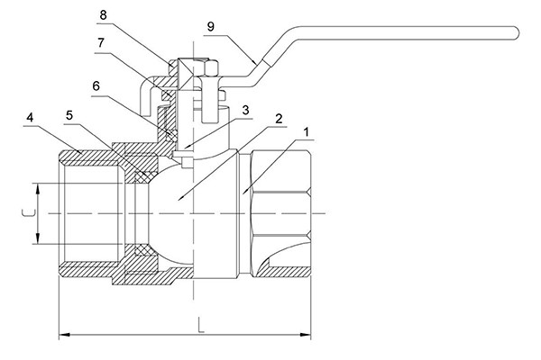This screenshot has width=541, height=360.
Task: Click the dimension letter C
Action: click(x=26, y=213)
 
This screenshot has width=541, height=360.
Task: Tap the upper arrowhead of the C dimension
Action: click(x=38, y=187)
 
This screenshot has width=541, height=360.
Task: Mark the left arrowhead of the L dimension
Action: click(x=63, y=337)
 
